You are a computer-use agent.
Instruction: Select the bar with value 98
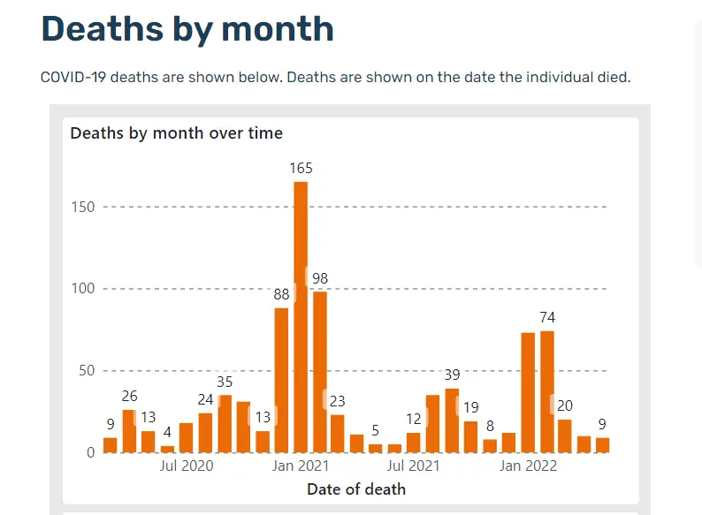[320, 371]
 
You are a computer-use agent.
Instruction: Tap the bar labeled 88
[281, 380]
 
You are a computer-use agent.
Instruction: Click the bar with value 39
[452, 420]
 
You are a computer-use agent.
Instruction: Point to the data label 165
[301, 168]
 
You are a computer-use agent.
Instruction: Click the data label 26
[129, 397]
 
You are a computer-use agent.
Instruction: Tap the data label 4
[167, 433]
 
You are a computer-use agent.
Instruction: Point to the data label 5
[376, 431]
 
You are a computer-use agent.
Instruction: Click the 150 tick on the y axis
[87, 207]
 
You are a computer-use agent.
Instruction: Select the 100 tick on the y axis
[87, 289]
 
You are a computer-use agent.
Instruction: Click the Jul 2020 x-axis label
[186, 466]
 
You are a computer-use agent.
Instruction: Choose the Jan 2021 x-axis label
[301, 466]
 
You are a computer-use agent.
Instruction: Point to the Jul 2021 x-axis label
[414, 466]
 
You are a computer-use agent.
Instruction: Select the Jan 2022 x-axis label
[528, 466]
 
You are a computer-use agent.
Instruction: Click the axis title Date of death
[356, 488]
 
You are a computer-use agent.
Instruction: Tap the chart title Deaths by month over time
[177, 133]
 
